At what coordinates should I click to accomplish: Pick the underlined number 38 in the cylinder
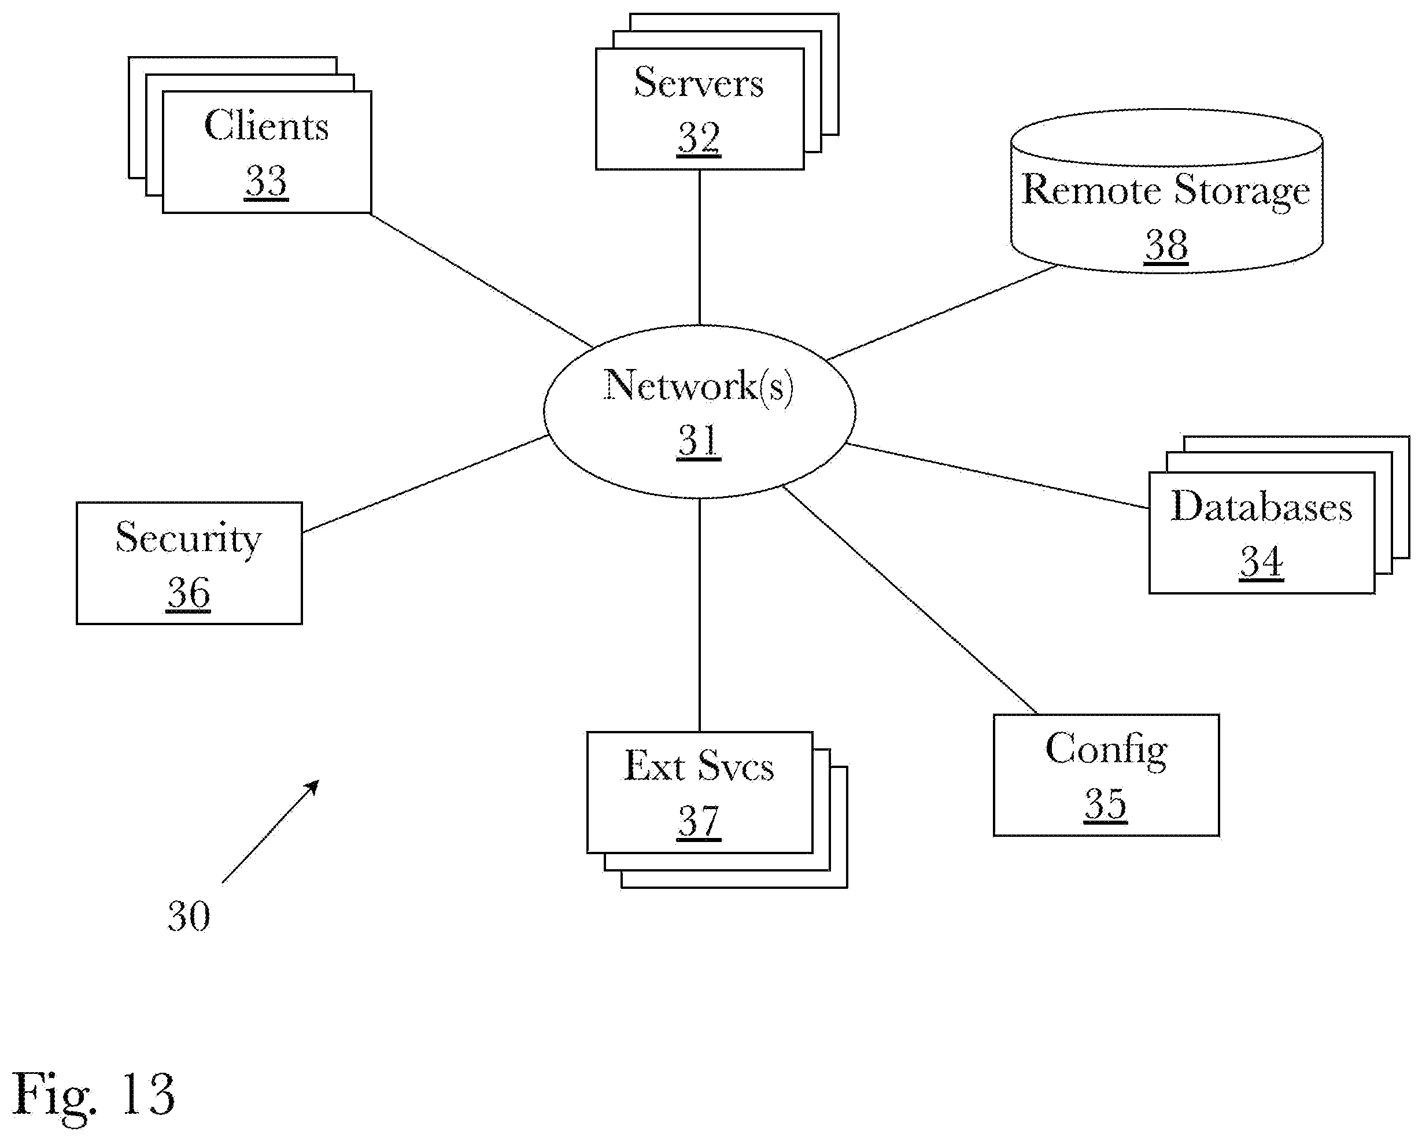pos(1166,245)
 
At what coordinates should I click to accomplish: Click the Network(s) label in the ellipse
pos(699,385)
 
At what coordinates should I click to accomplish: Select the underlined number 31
pos(699,440)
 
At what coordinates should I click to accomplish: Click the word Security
pos(189,538)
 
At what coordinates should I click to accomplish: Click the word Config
pos(1106,751)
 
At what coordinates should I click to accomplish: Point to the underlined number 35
pos(1106,804)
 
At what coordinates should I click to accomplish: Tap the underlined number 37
pos(699,821)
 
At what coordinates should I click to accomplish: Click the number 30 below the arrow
pos(189,916)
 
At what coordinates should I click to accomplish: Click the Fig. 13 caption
pos(94,1095)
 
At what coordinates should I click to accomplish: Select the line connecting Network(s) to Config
pos(910,600)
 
